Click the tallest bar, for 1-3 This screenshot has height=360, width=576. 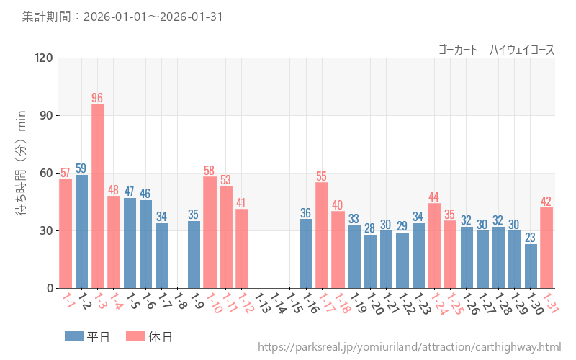click(98, 196)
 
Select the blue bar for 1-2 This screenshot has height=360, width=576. click(81, 231)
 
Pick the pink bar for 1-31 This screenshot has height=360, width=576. click(546, 248)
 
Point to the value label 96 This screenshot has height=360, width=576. click(98, 98)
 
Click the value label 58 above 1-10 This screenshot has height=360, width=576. click(210, 171)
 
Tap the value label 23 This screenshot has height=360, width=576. click(531, 238)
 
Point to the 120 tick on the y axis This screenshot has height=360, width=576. click(44, 58)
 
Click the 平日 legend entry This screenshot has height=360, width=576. click(87, 336)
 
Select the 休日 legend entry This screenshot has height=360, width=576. click(148, 336)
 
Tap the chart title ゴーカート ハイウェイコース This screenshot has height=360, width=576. click(496, 50)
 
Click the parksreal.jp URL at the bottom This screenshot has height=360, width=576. click(409, 348)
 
